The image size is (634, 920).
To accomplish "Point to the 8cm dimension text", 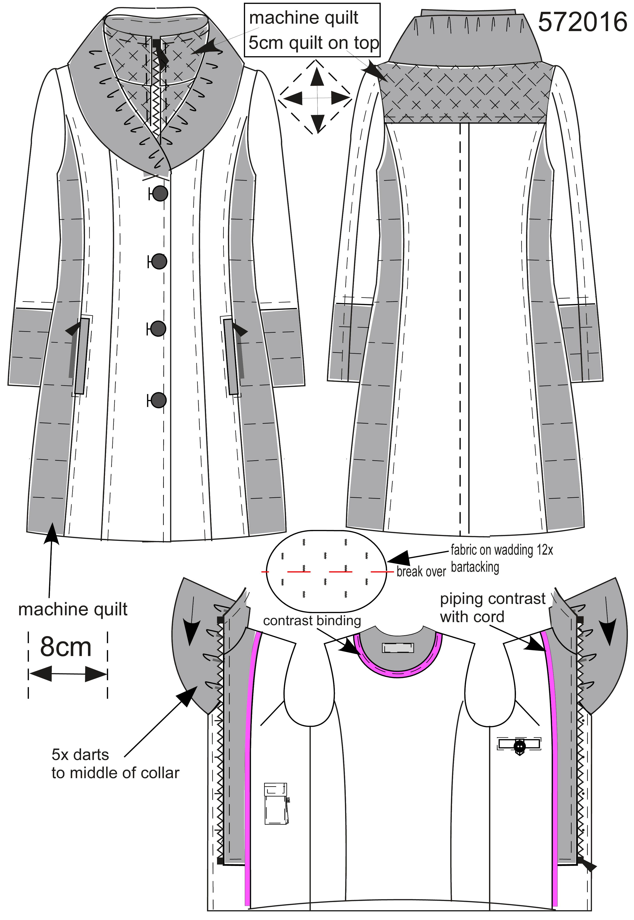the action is pos(66,647).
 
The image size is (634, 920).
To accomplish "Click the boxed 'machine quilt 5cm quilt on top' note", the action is pos(313,30).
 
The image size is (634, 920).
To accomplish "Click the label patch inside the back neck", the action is pos(398,648).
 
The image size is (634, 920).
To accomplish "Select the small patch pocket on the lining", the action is pos(276,802).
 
